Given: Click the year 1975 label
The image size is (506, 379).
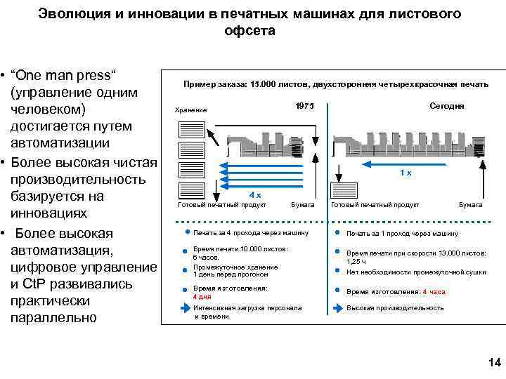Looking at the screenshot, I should point(304,106).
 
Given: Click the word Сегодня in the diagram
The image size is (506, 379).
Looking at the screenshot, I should point(446,106).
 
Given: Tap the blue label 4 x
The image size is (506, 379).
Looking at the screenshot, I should point(256,194).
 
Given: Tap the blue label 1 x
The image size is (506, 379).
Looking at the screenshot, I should point(406,173).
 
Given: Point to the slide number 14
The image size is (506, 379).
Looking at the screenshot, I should point(494,362).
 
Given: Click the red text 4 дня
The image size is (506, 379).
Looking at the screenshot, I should point(202,297).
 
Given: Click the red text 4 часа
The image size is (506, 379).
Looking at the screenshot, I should point(433,291).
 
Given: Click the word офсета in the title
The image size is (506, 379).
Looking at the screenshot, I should point(250,31).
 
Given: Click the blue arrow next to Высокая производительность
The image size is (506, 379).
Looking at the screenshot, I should point(338,307).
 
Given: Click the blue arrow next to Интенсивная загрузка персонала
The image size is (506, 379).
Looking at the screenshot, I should point(186,307).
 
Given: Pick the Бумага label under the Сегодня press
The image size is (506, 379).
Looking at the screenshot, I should point(470,205).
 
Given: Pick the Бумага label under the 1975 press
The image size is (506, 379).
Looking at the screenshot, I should point(302,205).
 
